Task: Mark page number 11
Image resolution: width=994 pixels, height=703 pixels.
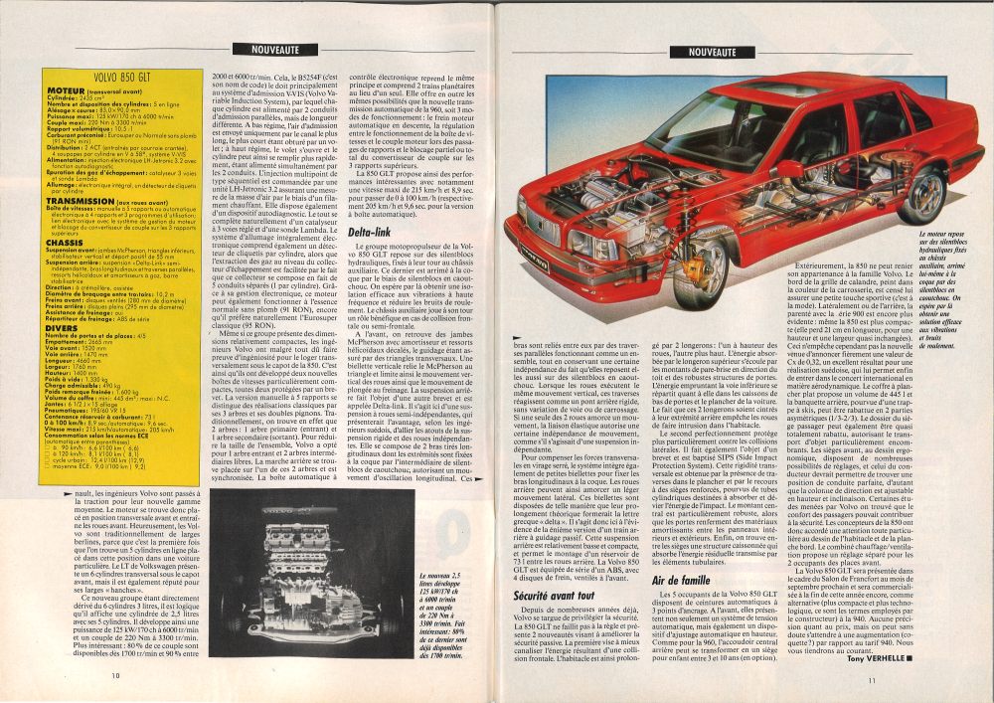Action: (x=870, y=680)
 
